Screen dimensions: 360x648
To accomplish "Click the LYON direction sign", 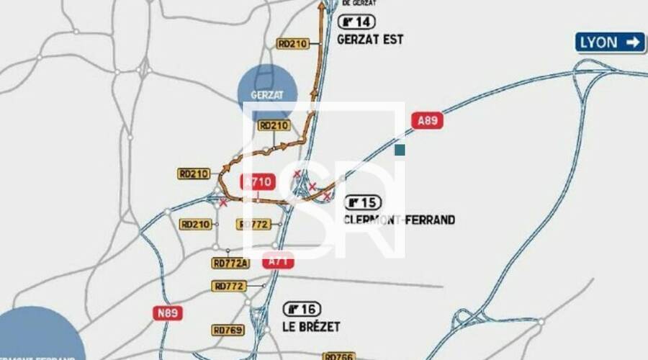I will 610,42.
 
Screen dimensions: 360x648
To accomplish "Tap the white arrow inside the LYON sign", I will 633,42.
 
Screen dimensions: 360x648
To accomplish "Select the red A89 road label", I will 427,120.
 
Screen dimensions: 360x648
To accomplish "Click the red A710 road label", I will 258,182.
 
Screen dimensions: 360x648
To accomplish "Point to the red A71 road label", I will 279,261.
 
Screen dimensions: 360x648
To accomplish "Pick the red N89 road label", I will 167,313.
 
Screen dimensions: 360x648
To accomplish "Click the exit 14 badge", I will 356,22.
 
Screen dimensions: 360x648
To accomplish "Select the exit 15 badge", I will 363,202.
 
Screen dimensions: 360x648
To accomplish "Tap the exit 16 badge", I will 302,310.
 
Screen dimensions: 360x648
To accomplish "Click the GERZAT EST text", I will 370,40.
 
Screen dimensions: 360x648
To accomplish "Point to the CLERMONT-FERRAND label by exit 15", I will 400,220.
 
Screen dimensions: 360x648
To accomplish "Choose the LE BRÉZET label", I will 311,327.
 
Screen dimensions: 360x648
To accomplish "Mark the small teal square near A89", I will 400,150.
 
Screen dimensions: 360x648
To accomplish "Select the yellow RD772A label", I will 230,264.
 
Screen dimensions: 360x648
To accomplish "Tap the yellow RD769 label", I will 228,330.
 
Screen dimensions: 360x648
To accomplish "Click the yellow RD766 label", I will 339,356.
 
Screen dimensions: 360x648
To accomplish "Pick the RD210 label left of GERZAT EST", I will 292,44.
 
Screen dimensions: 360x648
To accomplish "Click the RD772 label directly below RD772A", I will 229,287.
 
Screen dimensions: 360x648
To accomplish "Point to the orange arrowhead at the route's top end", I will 322,6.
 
